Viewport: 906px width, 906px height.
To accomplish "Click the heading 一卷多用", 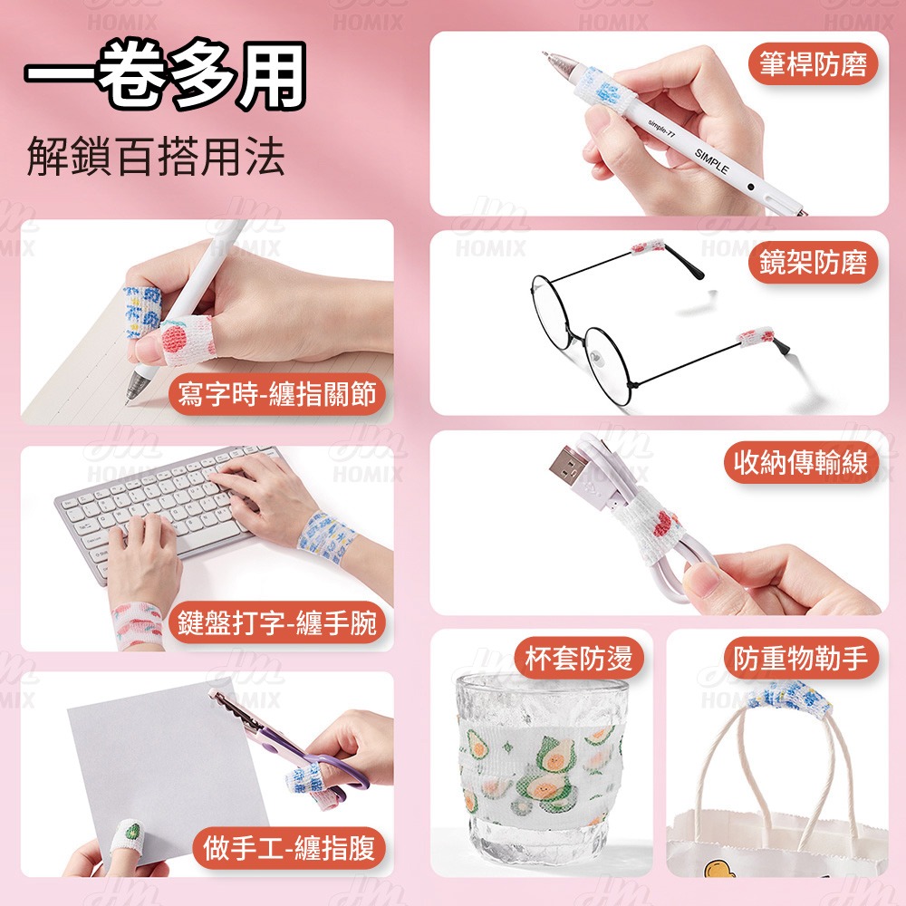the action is (165, 75).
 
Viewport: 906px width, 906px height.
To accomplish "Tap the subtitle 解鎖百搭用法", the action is (156, 156).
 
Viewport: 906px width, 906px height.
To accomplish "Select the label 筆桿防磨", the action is (813, 64).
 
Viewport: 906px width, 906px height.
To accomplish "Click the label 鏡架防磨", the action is (813, 263).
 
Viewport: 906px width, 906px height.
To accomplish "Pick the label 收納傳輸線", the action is (801, 462).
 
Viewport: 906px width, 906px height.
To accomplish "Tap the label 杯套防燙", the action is (578, 658).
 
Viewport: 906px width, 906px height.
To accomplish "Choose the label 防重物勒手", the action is (801, 658).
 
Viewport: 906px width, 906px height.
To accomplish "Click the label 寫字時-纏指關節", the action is (276, 393).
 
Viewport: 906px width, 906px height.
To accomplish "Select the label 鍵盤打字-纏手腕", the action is (276, 622).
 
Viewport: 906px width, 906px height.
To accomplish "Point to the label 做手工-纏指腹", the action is (289, 848).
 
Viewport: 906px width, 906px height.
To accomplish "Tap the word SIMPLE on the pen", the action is (711, 162).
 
